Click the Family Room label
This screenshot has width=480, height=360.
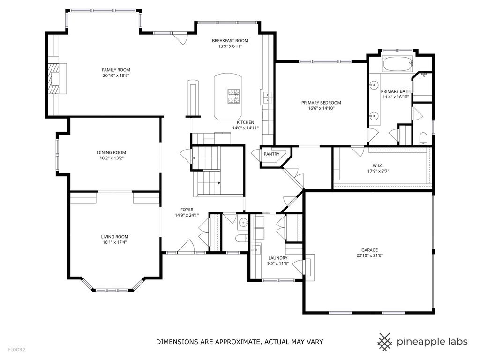(116, 70)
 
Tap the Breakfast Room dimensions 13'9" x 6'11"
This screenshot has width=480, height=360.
(230, 46)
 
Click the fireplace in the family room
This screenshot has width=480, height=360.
(57, 78)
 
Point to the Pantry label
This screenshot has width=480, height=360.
(272, 154)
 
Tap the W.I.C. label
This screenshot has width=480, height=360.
(378, 165)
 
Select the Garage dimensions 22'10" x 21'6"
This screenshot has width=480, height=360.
(370, 255)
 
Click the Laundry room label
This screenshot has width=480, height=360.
(278, 258)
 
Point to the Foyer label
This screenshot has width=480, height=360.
(187, 210)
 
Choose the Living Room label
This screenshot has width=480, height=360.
(115, 237)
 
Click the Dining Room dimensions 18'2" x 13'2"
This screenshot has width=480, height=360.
(112, 158)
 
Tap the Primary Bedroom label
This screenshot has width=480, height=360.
(321, 103)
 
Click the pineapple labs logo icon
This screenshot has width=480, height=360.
(385, 342)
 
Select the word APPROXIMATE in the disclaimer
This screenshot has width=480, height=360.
(233, 342)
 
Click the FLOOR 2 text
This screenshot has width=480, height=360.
(17, 350)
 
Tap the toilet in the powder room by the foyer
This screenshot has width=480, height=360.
(242, 238)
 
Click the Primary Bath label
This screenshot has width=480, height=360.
(396, 91)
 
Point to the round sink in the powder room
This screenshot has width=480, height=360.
(244, 222)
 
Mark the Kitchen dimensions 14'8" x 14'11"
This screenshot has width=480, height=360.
(246, 128)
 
